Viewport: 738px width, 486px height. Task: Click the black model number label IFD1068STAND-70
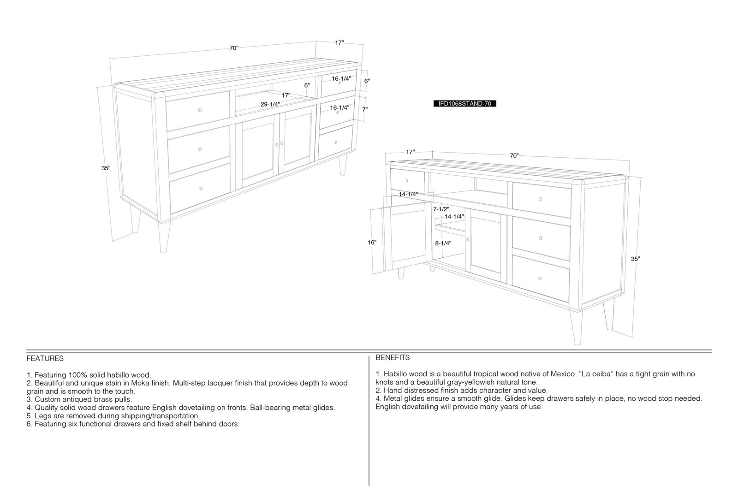point(464,104)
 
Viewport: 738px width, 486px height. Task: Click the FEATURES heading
point(45,359)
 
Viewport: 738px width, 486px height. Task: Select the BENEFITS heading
point(393,358)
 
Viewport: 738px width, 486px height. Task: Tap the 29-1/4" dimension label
point(270,104)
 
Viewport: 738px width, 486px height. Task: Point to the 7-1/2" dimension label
point(441,209)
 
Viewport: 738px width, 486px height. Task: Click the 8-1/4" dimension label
point(443,243)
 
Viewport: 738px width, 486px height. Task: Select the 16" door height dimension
point(372,243)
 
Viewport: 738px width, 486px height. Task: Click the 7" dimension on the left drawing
point(365,109)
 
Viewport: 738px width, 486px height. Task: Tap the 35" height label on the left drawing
point(106,168)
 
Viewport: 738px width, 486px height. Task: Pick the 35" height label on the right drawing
point(635,259)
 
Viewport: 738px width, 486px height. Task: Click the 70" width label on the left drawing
point(234,48)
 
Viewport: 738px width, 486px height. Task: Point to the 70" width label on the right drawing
point(514,156)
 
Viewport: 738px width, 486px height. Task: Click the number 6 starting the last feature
point(29,424)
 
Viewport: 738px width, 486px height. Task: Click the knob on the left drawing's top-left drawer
point(200,110)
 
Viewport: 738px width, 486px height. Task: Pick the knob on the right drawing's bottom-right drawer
point(540,279)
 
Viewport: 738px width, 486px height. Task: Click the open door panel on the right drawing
point(407,236)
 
